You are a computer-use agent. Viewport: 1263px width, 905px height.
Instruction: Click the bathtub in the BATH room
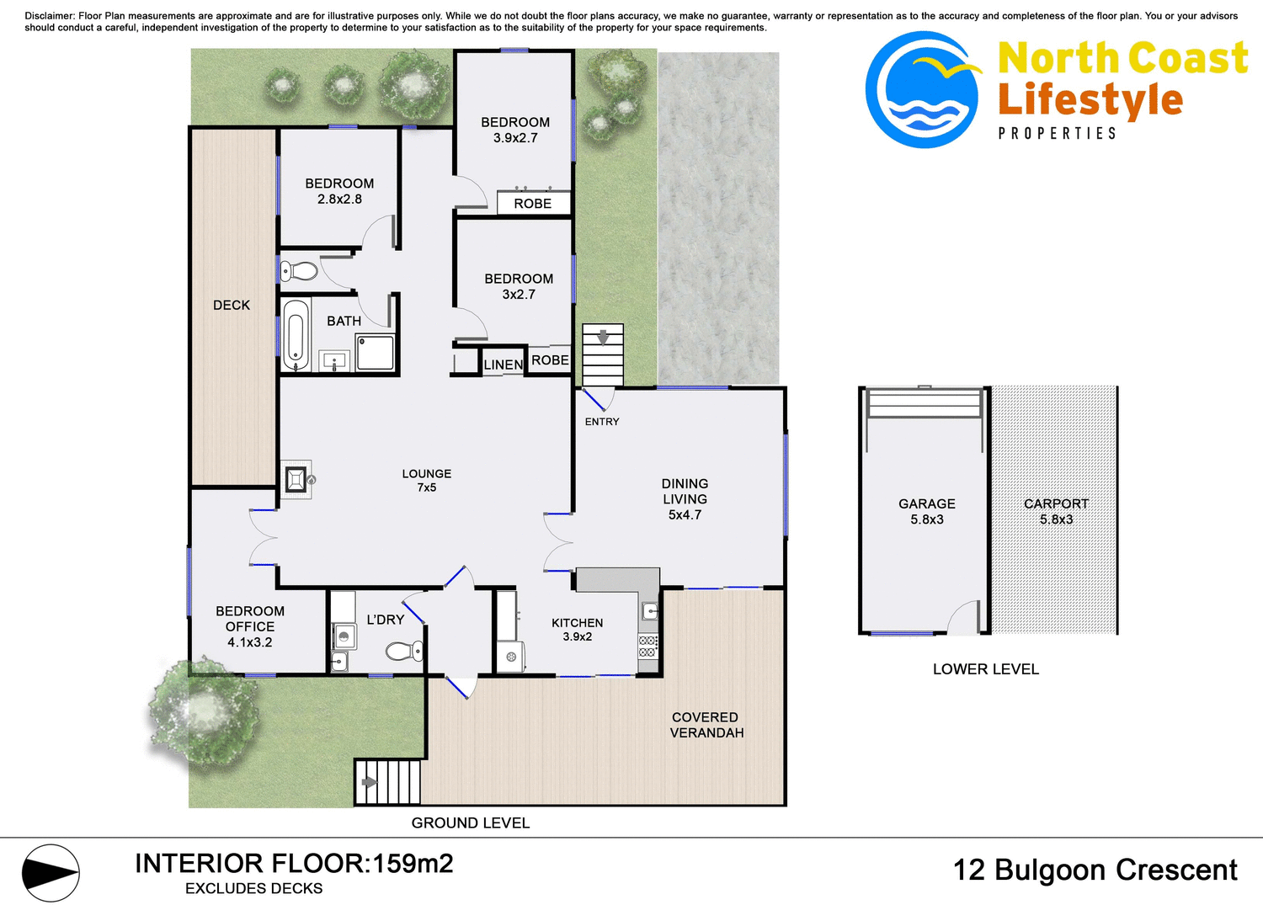pos(295,335)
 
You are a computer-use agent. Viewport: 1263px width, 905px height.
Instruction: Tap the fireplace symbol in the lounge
pos(296,480)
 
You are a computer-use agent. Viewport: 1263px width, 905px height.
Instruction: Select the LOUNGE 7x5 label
pos(427,481)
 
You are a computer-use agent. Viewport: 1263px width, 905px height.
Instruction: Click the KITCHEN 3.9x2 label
pos(577,630)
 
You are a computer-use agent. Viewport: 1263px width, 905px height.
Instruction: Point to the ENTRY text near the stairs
pos(602,422)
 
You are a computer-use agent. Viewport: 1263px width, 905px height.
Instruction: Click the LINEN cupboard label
pos(503,365)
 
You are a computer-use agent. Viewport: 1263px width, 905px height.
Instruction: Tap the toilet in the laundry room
pos(403,651)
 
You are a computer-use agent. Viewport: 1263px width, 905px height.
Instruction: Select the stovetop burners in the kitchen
pos(647,647)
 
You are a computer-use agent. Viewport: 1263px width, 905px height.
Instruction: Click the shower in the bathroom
pos(376,353)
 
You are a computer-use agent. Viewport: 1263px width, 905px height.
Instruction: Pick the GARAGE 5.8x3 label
pos(926,511)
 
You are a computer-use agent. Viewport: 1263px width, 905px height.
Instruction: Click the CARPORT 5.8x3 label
pos(1056,511)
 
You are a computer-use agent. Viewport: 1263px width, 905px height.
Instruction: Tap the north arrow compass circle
pos(51,873)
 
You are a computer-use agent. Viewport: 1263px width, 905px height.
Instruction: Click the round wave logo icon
pos(923,90)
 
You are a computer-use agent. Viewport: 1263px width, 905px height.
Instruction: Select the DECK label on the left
pos(232,306)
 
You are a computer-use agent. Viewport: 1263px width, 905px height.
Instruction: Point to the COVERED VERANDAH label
pos(706,725)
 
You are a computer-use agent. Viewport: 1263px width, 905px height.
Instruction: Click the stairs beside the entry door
pos(603,354)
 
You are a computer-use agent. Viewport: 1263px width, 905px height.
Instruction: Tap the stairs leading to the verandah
pos(387,782)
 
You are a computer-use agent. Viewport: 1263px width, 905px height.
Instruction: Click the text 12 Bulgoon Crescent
pos(1095,870)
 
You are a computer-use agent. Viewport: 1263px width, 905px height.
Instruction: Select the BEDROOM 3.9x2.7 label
pos(515,130)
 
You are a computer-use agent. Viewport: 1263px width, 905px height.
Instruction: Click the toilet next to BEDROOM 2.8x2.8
pos(299,271)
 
